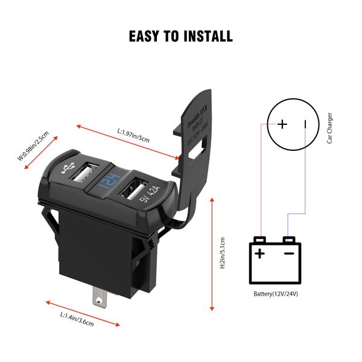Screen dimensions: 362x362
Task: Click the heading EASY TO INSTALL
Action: tap(181, 36)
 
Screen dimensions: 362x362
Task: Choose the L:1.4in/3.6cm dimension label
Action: tap(77, 319)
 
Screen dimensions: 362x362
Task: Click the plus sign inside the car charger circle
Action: tap(282, 125)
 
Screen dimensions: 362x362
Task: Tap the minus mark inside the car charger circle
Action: tap(305, 125)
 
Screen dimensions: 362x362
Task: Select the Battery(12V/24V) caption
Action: tap(276, 294)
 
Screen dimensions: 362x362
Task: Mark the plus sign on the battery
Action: tap(260, 253)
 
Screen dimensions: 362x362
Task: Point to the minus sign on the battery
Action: tap(289, 253)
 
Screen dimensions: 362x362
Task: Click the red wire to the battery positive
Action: tap(260, 181)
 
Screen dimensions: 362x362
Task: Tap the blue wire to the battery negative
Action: tap(305, 181)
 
